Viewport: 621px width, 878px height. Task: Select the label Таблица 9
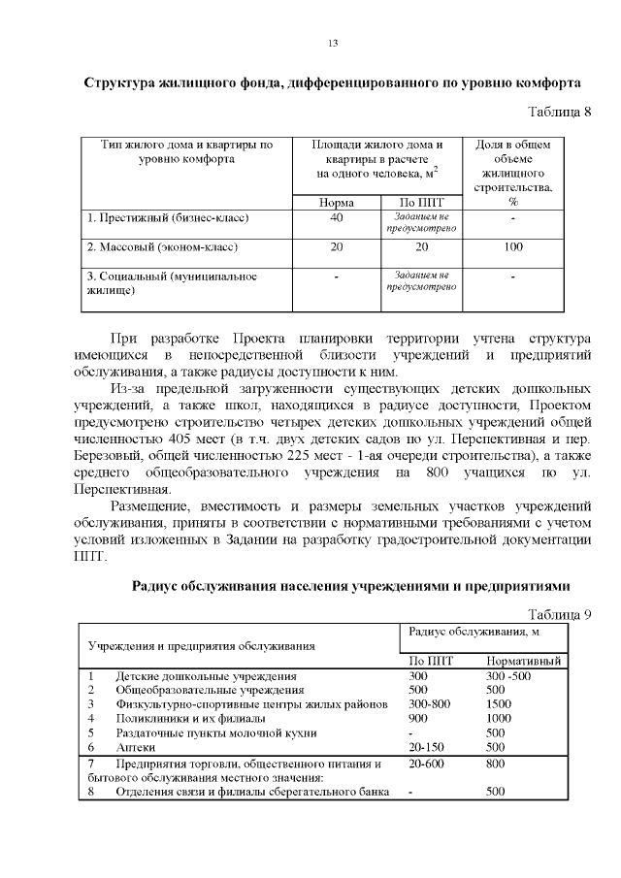point(558,613)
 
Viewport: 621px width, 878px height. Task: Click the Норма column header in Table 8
point(336,203)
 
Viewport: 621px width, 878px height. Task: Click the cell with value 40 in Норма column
point(336,218)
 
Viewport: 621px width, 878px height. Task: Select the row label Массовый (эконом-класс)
point(162,247)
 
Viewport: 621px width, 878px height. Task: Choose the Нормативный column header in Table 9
point(525,661)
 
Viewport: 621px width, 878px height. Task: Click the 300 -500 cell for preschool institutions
point(508,675)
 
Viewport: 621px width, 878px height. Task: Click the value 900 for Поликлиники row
point(418,718)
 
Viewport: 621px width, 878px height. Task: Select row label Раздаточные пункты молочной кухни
point(215,732)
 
